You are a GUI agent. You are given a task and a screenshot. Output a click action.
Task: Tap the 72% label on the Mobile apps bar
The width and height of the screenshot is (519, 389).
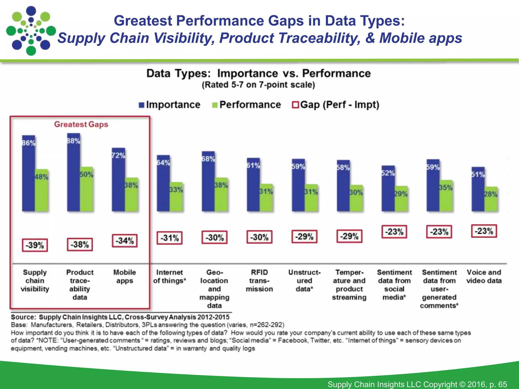click(118, 155)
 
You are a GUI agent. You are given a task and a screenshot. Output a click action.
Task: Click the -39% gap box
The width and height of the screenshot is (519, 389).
click(35, 245)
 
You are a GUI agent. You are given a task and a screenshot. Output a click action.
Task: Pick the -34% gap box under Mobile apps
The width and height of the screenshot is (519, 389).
click(125, 241)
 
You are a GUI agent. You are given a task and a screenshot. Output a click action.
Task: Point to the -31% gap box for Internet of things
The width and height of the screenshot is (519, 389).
click(169, 238)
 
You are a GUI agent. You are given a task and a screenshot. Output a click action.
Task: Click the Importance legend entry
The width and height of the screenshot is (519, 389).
click(170, 105)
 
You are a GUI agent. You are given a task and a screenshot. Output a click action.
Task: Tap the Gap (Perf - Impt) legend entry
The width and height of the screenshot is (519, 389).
click(336, 105)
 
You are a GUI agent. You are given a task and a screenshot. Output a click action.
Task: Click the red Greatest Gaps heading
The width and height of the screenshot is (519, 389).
click(81, 124)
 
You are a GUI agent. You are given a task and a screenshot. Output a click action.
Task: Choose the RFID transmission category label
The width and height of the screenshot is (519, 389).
click(259, 281)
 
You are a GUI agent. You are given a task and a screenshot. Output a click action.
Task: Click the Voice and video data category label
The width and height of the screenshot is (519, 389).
click(484, 276)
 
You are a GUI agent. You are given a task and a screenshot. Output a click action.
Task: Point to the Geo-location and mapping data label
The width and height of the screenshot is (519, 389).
click(214, 289)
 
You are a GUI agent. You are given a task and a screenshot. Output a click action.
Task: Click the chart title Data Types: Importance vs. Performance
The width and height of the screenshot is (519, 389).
click(258, 73)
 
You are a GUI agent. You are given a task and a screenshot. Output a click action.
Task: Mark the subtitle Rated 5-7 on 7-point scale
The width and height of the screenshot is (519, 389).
click(258, 85)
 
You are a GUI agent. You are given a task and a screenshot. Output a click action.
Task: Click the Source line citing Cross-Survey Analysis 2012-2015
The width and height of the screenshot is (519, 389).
click(120, 317)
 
